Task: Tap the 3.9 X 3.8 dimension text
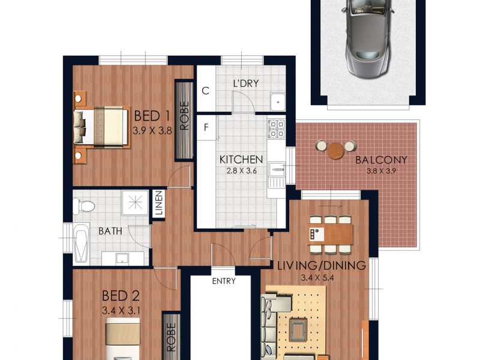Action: point(152,129)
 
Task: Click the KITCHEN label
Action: point(241,160)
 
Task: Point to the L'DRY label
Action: point(246,83)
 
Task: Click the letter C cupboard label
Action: point(206,91)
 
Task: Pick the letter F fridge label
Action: point(206,127)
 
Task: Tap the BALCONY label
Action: point(381,160)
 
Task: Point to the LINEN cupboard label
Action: point(159,205)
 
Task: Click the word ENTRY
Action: point(224,281)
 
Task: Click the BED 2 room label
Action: point(120,296)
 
